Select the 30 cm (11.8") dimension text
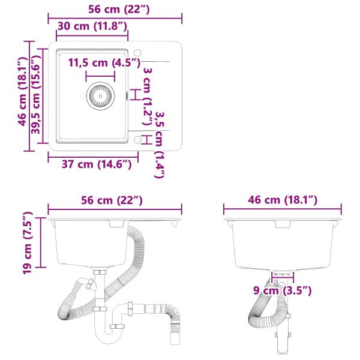(x=92, y=26)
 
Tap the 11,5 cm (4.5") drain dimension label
(x=104, y=62)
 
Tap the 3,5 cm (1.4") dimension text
(x=160, y=144)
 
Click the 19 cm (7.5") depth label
(x=27, y=242)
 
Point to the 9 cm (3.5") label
(x=282, y=291)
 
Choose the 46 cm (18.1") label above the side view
(x=283, y=200)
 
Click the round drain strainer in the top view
(x=100, y=96)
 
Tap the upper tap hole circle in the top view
(x=137, y=52)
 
